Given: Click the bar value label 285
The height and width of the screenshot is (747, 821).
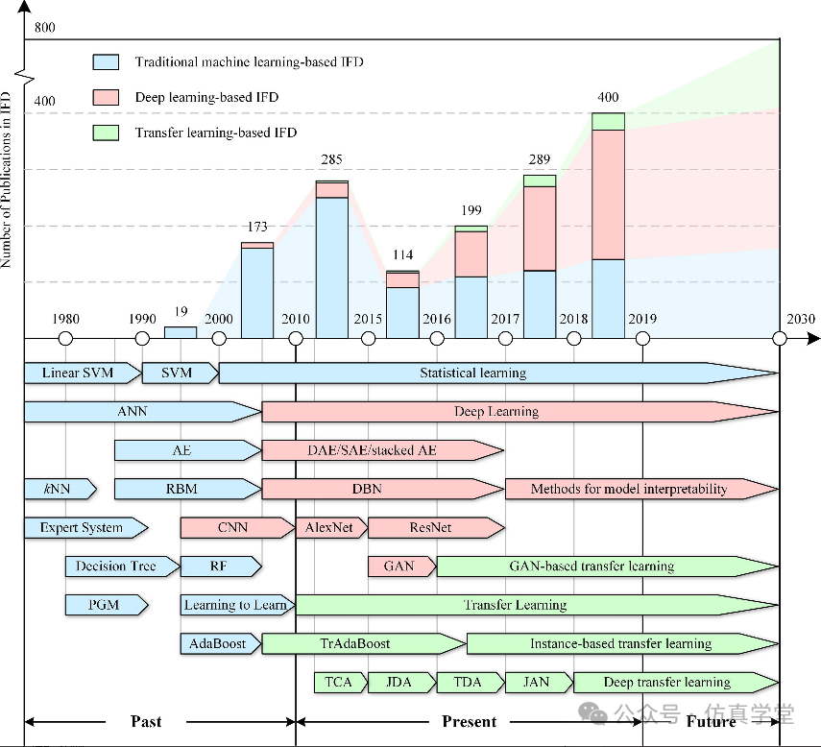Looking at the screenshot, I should (331, 160).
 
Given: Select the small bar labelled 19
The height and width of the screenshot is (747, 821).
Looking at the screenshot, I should (181, 332).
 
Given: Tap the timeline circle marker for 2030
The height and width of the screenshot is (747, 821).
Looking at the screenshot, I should (780, 338).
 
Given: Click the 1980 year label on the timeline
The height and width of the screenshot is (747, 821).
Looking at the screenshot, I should (66, 319).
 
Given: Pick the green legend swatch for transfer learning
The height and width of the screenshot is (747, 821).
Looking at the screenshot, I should (106, 133).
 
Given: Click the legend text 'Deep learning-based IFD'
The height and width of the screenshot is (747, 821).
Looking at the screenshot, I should (206, 98).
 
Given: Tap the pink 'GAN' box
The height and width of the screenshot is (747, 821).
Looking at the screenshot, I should (400, 566).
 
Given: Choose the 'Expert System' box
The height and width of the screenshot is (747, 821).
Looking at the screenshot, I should (85, 527).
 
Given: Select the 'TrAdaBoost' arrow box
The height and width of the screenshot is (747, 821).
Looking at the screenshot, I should (363, 643).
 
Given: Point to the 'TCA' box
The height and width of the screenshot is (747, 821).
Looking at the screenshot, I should (339, 683).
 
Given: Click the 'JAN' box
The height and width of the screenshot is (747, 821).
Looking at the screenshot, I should (537, 683).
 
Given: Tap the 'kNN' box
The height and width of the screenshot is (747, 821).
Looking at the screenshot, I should (59, 489).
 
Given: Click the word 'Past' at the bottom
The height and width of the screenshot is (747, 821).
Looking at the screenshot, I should (146, 721).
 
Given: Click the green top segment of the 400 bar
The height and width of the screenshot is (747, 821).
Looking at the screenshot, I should (609, 121).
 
